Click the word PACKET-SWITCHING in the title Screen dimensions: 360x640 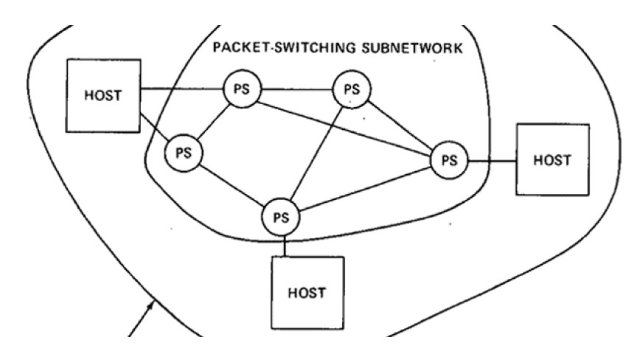click(273, 49)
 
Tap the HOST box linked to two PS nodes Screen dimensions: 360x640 click(104, 97)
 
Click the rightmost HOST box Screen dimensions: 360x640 click(552, 159)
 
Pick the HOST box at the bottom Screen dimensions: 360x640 click(307, 292)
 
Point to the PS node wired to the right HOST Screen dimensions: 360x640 click(448, 159)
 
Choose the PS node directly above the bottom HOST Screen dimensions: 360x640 click(281, 218)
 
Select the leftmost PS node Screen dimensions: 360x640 click(183, 153)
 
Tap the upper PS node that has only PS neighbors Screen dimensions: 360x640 click(352, 90)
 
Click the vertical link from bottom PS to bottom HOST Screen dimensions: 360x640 click(282, 246)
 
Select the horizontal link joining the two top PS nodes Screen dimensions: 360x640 click(296, 90)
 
